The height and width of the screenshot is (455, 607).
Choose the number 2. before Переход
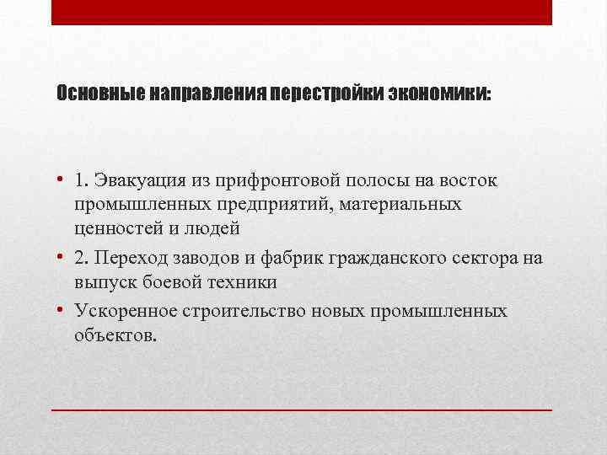click(x=82, y=258)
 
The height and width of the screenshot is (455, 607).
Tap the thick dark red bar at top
click(x=302, y=13)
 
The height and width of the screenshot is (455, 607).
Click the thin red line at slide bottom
click(x=302, y=409)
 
